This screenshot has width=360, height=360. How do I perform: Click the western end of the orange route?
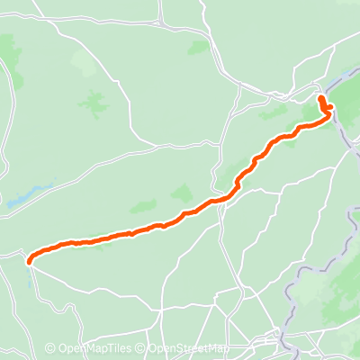(30, 262)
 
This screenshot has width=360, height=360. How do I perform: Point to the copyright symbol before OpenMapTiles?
(50, 348)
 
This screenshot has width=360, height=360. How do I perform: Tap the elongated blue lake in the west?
(27, 197)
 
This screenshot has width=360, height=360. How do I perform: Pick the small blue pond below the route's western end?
(32, 282)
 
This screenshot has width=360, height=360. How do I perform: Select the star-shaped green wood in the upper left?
(93, 103)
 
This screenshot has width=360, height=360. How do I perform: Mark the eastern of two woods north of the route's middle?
(182, 193)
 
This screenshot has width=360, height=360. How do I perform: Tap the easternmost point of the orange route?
(330, 109)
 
